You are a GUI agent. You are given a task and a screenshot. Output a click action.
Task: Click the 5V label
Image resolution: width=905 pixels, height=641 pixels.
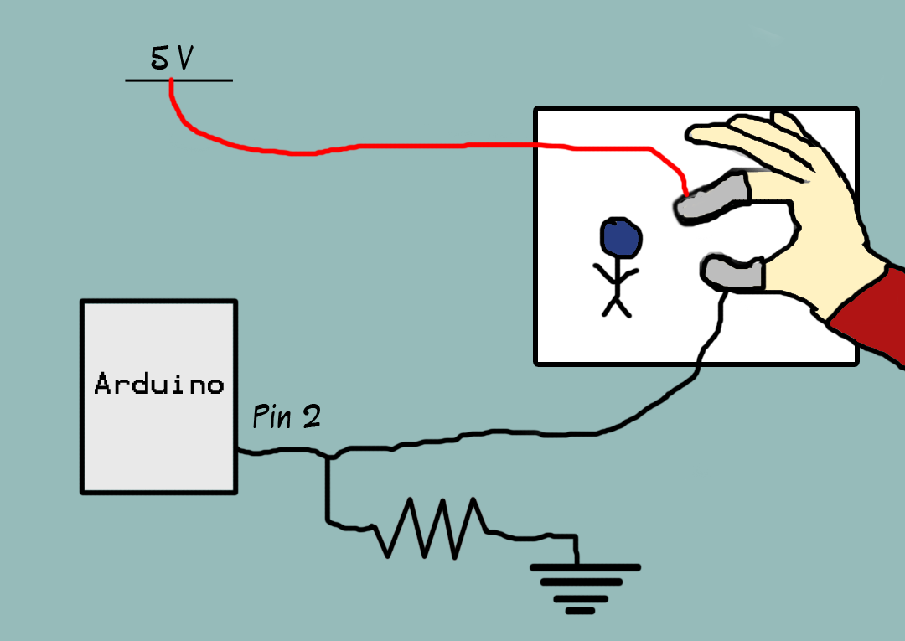point(172,59)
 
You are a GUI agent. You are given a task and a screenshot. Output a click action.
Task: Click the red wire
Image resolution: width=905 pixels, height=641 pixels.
point(419,147)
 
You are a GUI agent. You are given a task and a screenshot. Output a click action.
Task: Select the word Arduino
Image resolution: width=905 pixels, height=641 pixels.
point(159,385)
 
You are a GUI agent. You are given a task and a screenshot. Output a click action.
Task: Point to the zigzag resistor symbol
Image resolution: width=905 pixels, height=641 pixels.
point(432,528)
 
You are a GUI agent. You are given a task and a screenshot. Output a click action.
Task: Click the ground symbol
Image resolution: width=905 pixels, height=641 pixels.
point(585,587)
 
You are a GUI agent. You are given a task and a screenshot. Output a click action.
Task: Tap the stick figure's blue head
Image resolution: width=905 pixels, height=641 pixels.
point(621,239)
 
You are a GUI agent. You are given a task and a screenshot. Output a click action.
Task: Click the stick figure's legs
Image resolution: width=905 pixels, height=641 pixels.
point(617,307)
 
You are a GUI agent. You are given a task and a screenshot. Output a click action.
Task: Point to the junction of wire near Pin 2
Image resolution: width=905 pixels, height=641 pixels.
point(328,457)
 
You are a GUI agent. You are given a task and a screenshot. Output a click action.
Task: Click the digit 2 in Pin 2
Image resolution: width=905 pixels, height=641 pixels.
point(311,416)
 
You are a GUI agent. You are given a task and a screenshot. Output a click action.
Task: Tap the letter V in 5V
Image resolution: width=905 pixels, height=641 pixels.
point(184,59)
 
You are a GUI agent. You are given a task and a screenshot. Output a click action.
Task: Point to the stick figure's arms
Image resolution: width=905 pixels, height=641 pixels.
point(617,273)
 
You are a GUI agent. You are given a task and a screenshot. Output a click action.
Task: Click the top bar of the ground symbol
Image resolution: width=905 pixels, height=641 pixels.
point(585,567)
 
